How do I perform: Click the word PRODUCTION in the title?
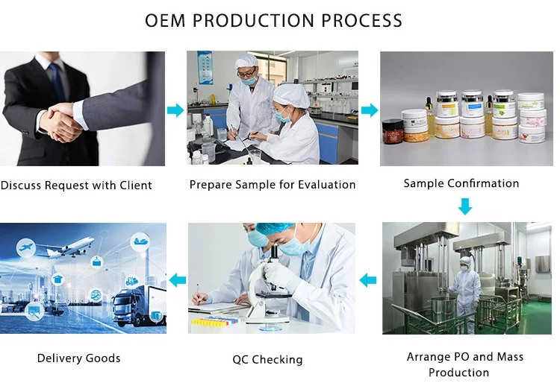(253, 20)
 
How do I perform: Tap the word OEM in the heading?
(165, 20)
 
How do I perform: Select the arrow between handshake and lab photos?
(175, 110)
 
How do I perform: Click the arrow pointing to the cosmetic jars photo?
(370, 110)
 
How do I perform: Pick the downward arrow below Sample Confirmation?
(465, 206)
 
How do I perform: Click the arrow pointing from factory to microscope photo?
(368, 280)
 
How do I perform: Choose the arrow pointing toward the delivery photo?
(178, 280)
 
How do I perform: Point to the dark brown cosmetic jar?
(393, 131)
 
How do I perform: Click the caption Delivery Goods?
(78, 358)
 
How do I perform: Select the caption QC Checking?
(267, 359)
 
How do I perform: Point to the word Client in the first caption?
(136, 186)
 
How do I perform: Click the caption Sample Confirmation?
(461, 183)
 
